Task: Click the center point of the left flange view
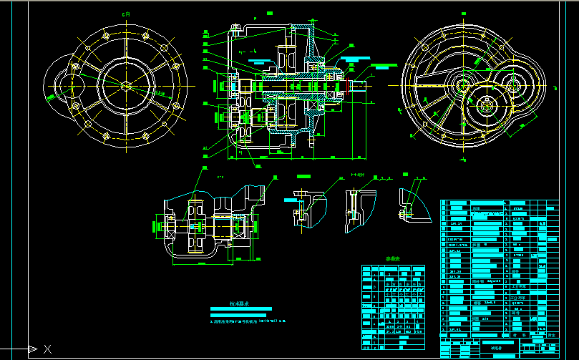pyautogui.click(x=126, y=86)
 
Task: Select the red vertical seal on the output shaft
pyautogui.click(x=348, y=87)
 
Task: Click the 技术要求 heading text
pyautogui.click(x=239, y=304)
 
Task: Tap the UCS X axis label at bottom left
pyautogui.click(x=48, y=349)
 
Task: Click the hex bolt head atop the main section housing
pyautogui.click(x=235, y=29)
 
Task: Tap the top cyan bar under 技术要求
pyautogui.click(x=241, y=309)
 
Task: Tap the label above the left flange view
pyautogui.click(x=127, y=14)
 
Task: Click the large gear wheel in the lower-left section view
pyautogui.click(x=195, y=225)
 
